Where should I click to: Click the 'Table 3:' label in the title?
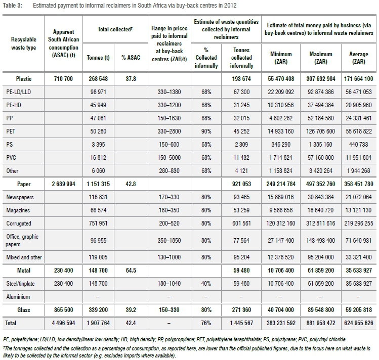(14, 6)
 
